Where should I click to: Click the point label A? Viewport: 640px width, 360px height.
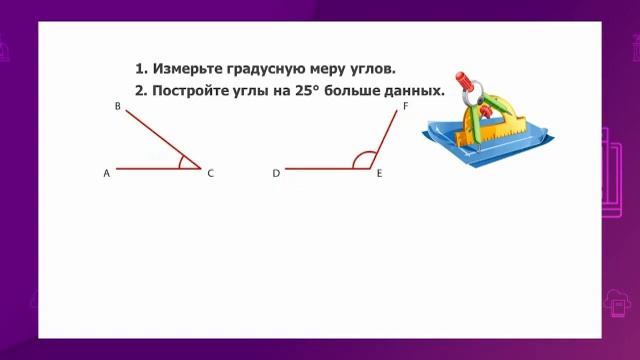pos(106,173)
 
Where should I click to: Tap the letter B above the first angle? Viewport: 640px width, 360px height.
pos(118,106)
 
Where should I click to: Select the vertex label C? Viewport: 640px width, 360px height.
pos(211,173)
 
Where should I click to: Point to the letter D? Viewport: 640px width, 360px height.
pos(276,173)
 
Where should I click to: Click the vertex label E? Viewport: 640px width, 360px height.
pos(380,173)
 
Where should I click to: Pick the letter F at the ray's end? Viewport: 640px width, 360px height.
pos(405,105)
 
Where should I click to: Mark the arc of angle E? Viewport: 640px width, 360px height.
pos(361,158)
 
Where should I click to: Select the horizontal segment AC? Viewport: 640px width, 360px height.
pos(150,168)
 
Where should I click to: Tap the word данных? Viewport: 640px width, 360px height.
pos(410,90)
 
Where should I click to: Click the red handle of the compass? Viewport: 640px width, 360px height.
pos(463,81)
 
